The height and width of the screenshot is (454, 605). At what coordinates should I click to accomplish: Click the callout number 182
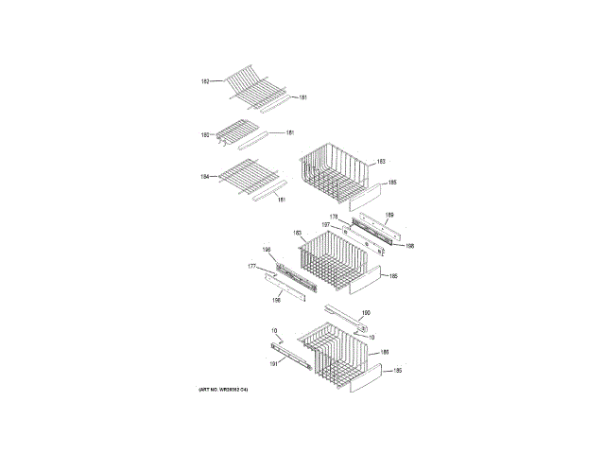204,81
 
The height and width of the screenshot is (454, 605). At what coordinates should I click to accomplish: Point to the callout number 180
204,135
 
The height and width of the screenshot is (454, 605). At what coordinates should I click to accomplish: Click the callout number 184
204,177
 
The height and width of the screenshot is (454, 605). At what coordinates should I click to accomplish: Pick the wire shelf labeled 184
249,176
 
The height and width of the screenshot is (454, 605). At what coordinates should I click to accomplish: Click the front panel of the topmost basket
366,197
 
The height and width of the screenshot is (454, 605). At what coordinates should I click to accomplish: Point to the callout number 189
389,216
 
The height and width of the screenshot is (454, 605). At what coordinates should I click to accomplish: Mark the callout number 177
252,267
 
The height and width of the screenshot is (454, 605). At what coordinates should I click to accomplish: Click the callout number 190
366,313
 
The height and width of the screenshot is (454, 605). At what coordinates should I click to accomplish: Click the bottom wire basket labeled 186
336,355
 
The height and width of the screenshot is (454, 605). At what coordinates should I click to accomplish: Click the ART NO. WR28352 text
229,390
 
